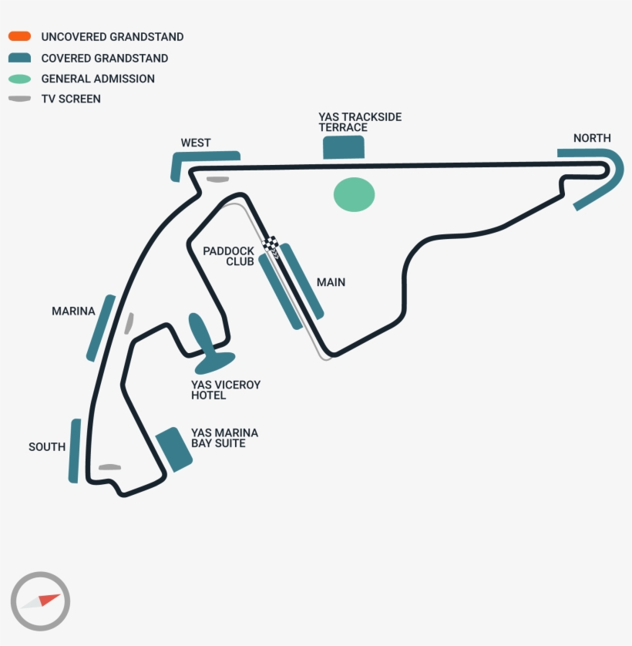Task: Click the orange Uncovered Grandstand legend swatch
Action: [20, 36]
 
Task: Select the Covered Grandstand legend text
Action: [104, 58]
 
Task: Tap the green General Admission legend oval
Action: [20, 79]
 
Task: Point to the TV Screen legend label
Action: [71, 99]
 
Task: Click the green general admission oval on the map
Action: [354, 194]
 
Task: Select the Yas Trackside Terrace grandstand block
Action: [344, 147]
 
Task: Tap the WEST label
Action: [196, 143]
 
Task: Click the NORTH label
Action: [592, 138]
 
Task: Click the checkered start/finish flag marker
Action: [271, 244]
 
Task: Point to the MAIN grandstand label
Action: [331, 282]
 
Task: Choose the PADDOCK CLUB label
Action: [228, 256]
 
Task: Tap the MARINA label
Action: [73, 311]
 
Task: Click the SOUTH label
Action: [47, 446]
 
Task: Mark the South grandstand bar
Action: [74, 451]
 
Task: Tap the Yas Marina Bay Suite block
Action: [174, 449]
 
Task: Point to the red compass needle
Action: [49, 599]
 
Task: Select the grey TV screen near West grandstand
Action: [217, 180]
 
